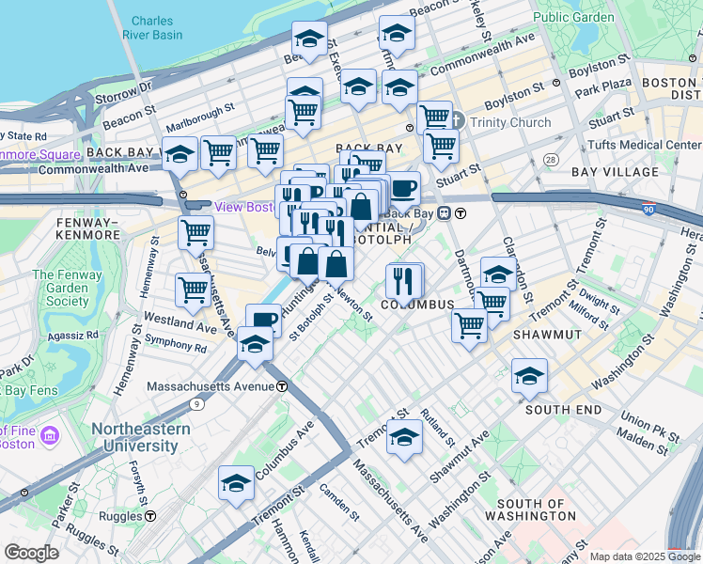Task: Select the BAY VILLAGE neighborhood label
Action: pyautogui.click(x=610, y=172)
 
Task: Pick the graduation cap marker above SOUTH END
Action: pyautogui.click(x=529, y=376)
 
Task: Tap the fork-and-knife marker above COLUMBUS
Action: pyautogui.click(x=404, y=279)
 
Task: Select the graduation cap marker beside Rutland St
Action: pyautogui.click(x=405, y=437)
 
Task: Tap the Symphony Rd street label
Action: pyautogui.click(x=176, y=347)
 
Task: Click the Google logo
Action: pyautogui.click(x=31, y=553)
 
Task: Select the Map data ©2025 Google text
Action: pyautogui.click(x=644, y=556)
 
